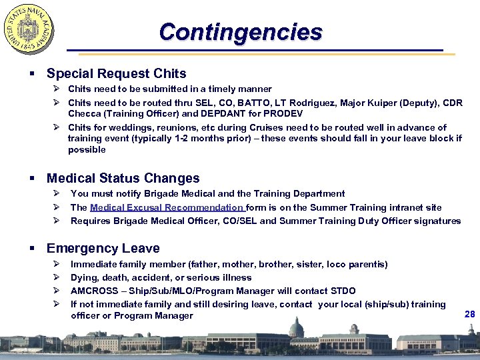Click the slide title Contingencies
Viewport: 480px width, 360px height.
pos(241,31)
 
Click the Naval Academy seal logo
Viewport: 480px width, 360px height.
pos(29,29)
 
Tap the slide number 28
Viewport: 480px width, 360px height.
pos(470,313)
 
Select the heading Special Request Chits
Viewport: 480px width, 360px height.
pos(116,73)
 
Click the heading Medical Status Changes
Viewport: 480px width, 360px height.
pos(123,178)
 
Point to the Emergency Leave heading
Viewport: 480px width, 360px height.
pos(103,249)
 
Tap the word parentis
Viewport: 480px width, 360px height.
pos(367,264)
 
